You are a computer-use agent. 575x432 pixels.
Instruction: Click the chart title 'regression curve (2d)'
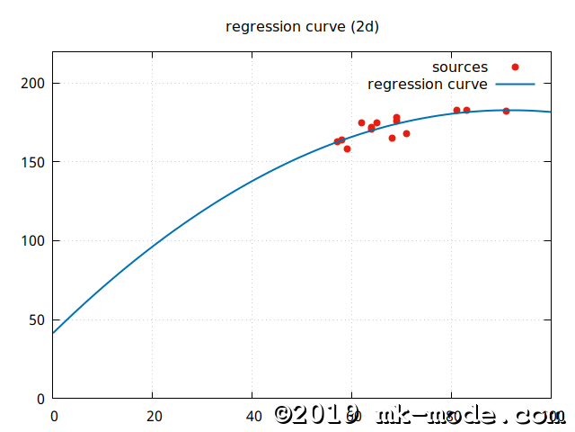(302, 26)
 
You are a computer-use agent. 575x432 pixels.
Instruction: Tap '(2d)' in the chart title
(363, 26)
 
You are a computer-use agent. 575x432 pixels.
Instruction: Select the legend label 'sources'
(460, 67)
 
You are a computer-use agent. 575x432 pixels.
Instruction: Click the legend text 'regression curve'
(428, 84)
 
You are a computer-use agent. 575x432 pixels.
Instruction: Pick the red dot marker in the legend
(515, 67)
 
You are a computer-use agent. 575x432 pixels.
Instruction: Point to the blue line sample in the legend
(515, 84)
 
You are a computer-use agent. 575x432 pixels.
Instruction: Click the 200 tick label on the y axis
(34, 84)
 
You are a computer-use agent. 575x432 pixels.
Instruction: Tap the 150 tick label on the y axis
(34, 162)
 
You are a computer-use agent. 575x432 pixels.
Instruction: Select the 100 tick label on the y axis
(34, 241)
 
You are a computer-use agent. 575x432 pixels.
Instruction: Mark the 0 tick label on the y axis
(41, 399)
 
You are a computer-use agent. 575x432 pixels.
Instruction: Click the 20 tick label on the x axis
(153, 416)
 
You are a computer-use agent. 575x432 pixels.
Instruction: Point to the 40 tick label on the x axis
(252, 416)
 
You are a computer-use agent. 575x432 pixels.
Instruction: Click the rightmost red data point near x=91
(506, 111)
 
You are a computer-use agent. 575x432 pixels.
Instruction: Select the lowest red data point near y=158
(347, 148)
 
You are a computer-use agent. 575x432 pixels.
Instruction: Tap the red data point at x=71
(406, 133)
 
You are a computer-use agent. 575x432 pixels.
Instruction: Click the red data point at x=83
(466, 110)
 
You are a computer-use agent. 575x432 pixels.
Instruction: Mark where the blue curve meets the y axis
(54, 333)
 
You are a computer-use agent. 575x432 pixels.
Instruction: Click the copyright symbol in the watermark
(286, 414)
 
